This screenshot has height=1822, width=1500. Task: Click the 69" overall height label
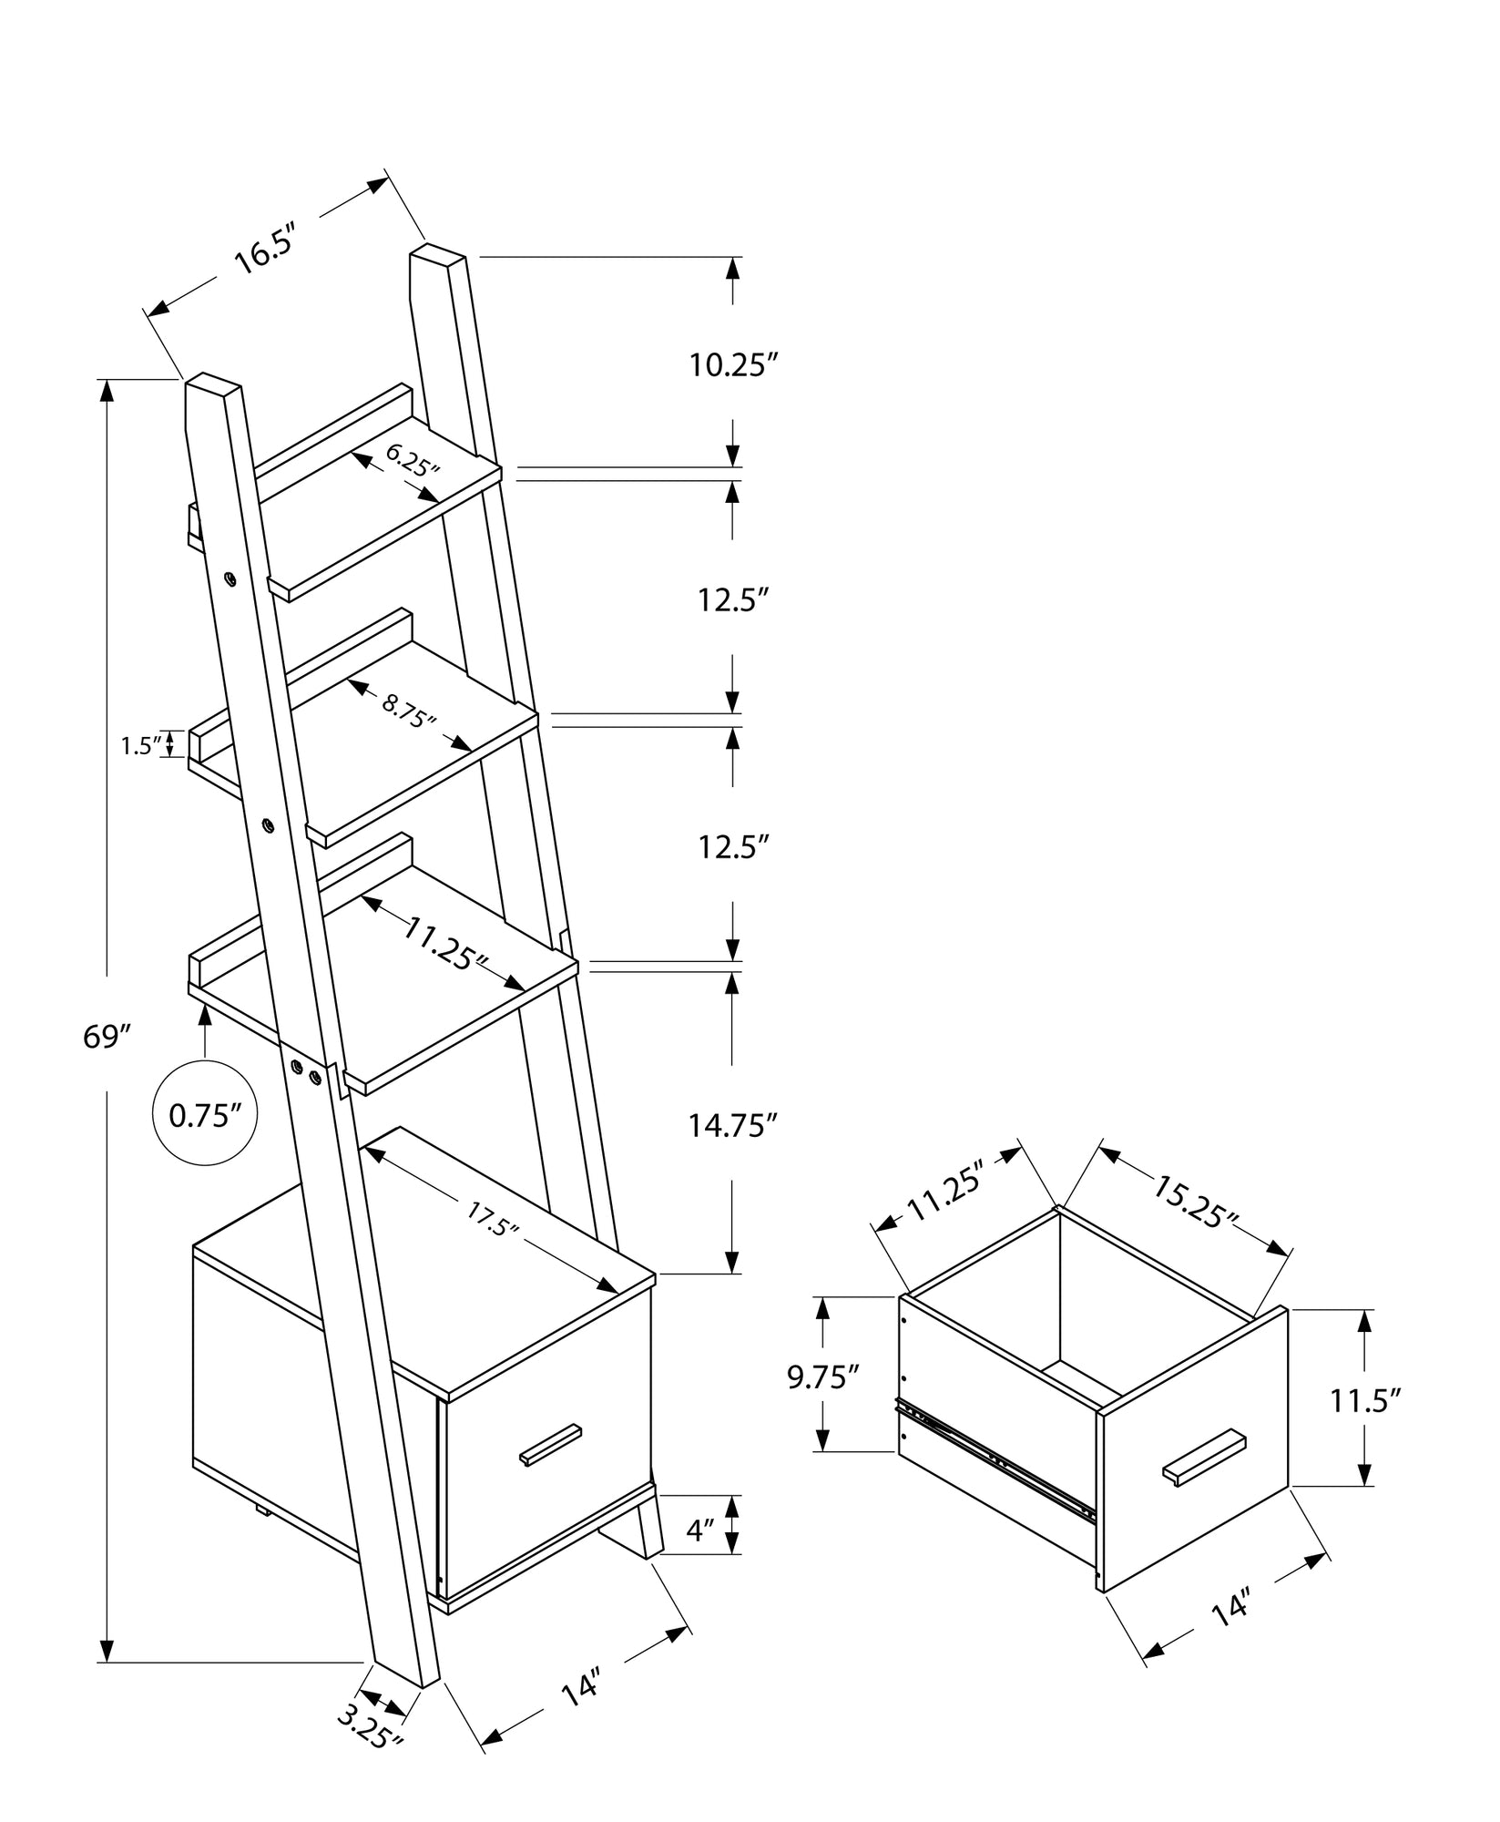pos(107,1036)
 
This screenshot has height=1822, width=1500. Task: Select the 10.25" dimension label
pos(733,366)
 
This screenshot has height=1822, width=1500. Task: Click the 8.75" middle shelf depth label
pos(409,710)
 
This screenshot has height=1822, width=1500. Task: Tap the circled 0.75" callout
pos(205,1116)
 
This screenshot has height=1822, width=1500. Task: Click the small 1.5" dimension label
pos(141,746)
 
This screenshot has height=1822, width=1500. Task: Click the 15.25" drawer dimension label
pos(1196,1202)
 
